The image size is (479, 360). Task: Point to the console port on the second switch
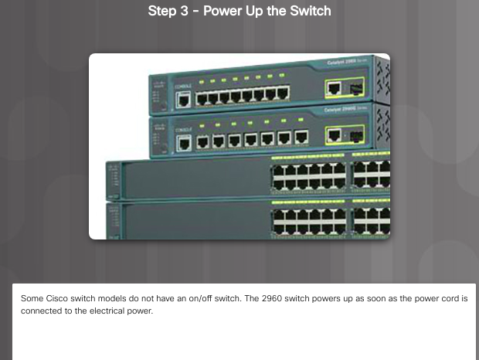point(183,142)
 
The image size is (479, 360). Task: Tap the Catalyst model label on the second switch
point(344,110)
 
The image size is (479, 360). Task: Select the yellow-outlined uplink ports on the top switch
point(344,90)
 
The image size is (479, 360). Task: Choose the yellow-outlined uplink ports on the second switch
point(344,135)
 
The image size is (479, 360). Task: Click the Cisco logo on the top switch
point(158,83)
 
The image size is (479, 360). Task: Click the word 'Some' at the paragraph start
point(30,298)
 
